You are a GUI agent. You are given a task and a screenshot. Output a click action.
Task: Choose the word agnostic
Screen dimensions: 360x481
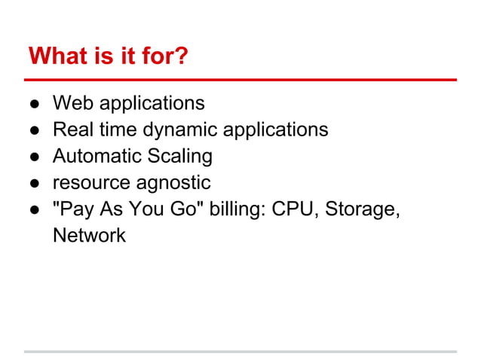click(173, 184)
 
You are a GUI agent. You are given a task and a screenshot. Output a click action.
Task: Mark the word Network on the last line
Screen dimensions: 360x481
click(89, 236)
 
